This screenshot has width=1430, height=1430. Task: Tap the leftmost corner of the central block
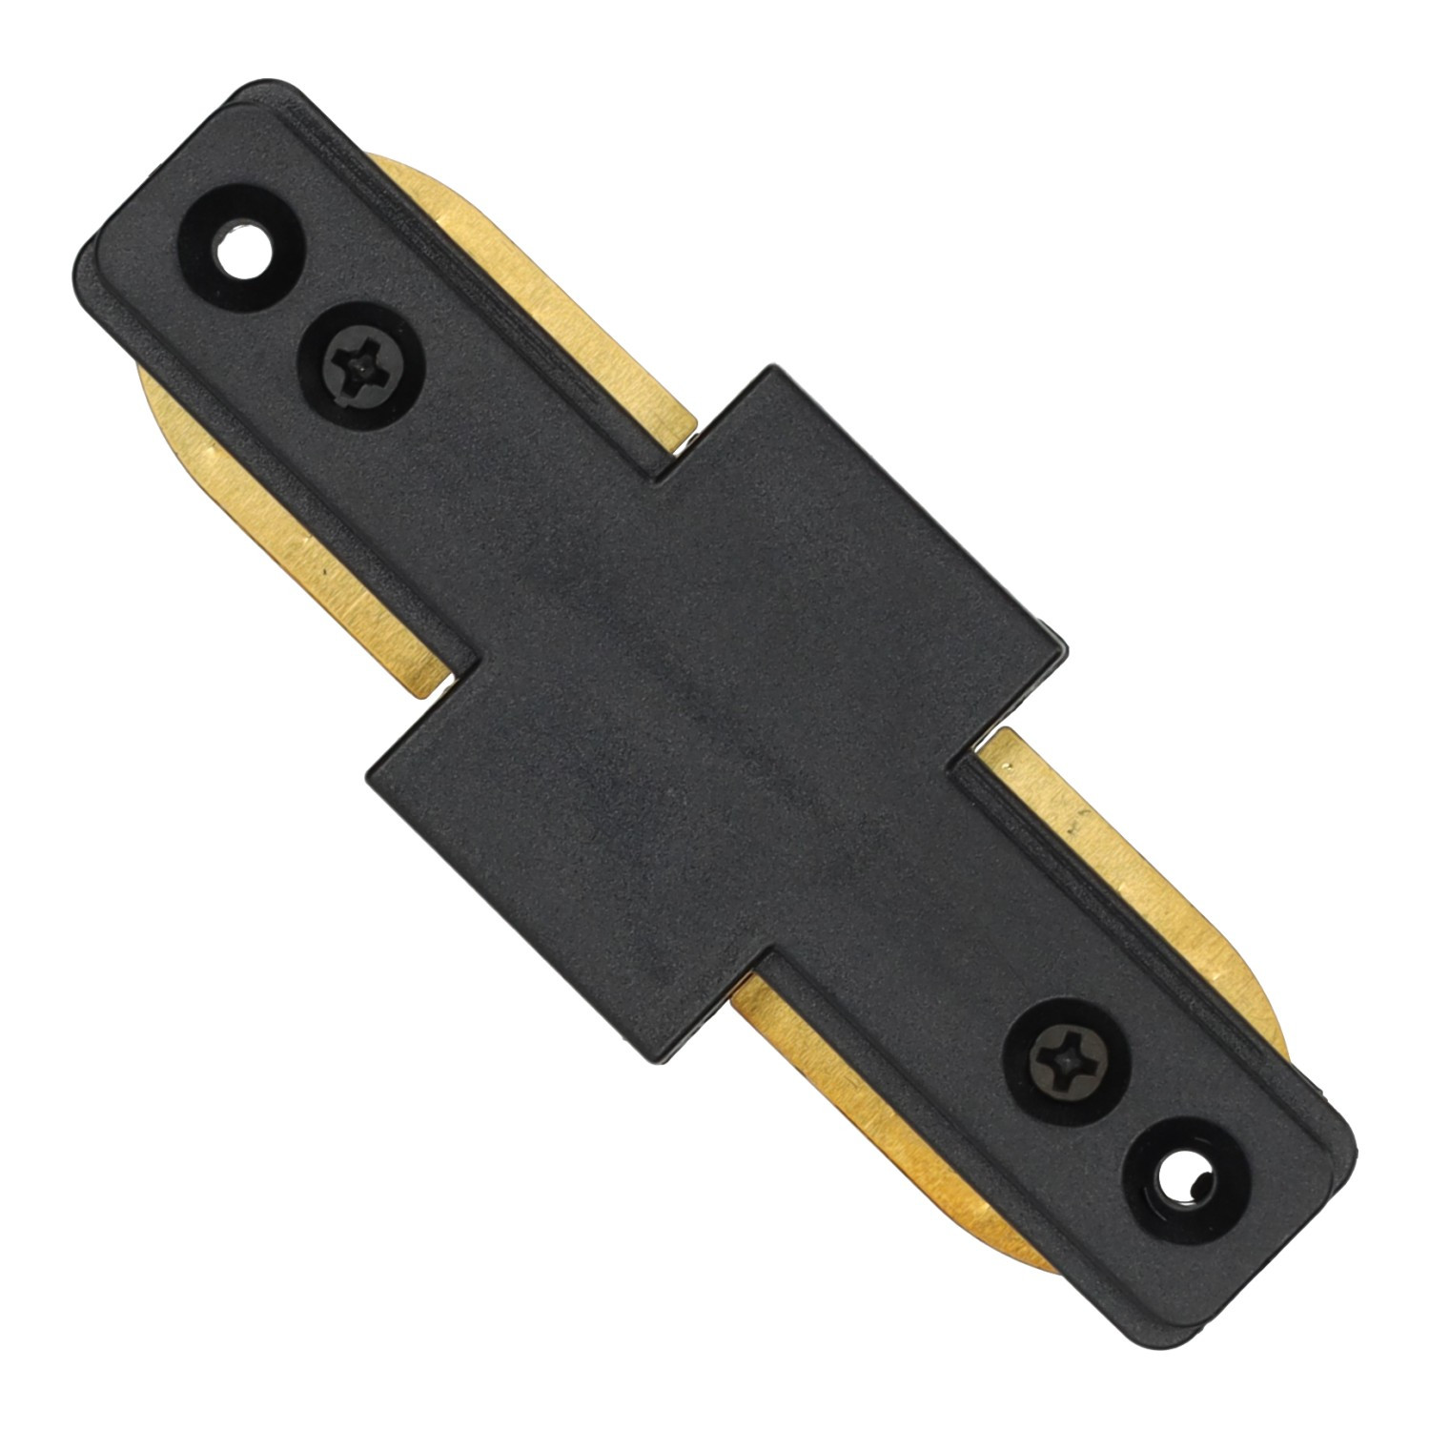367,772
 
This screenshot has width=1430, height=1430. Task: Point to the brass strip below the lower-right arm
896,1144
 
